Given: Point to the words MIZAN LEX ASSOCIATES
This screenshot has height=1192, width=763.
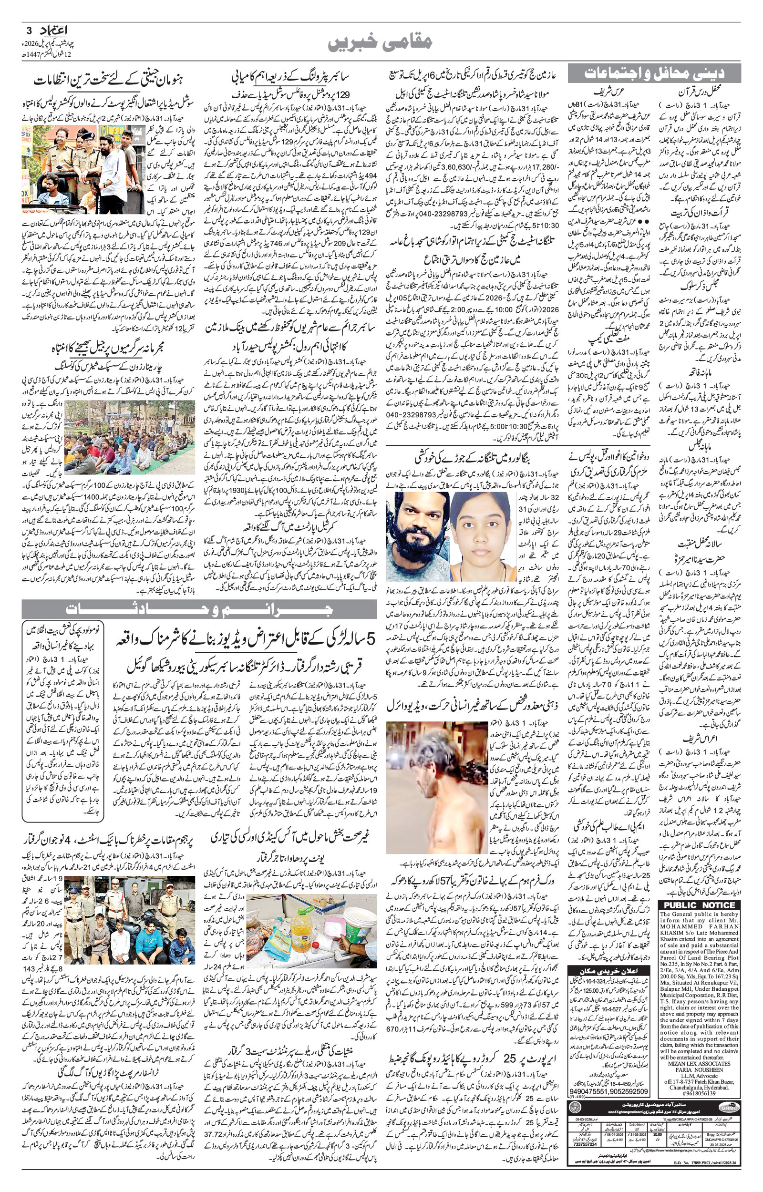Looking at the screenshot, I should coord(700,1063).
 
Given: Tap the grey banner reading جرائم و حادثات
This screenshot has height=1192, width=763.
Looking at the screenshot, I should coord(198,610).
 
